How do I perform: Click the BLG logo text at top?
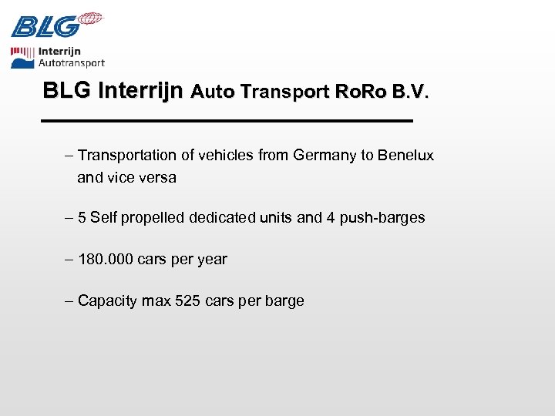tap(45, 27)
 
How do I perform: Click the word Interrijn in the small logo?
tap(59, 52)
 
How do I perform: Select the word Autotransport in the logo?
tap(71, 63)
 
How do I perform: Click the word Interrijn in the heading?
tap(141, 91)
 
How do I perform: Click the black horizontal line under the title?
tap(227, 122)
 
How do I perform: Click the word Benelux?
tap(406, 156)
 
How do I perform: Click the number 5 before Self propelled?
tap(82, 217)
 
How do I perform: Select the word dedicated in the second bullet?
tap(228, 217)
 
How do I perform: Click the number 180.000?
tap(106, 259)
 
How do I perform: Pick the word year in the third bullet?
tap(212, 260)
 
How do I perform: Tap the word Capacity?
tap(107, 301)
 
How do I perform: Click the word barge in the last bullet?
tap(284, 301)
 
